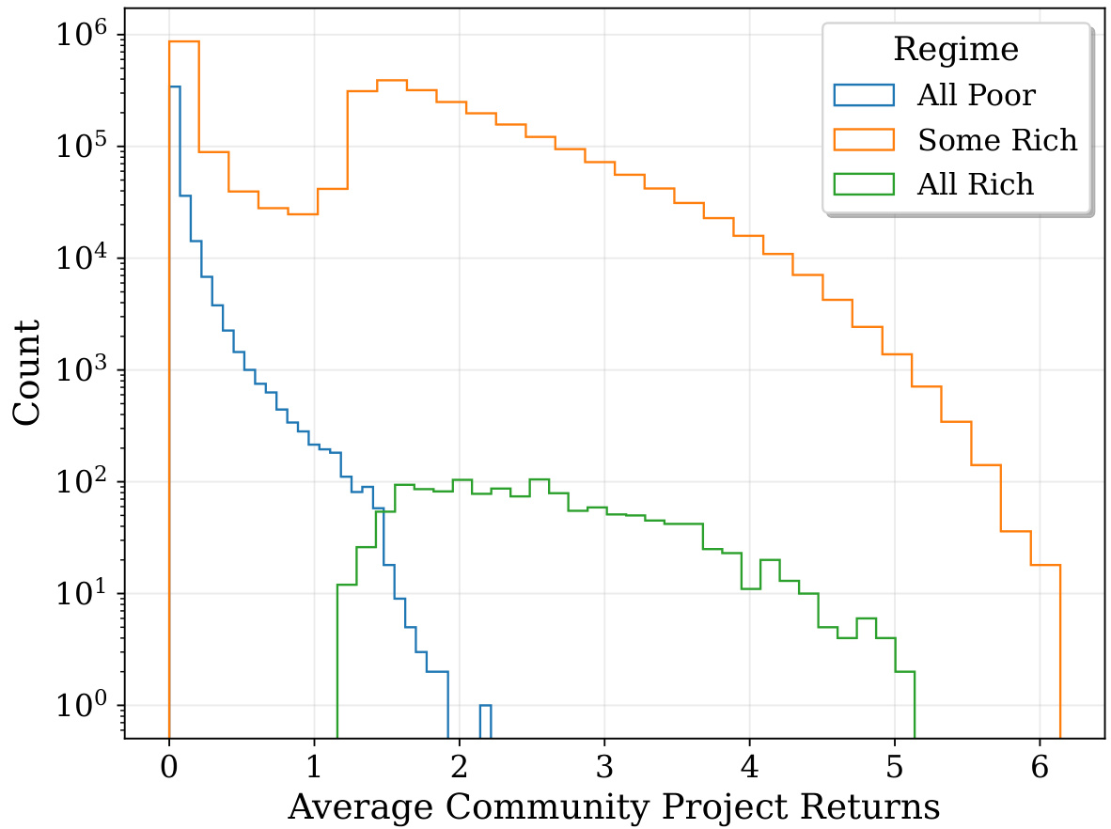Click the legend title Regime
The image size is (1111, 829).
point(956,49)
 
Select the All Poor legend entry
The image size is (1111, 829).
point(977,95)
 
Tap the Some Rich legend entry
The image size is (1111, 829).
point(997,140)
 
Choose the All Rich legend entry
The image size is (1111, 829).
point(976,185)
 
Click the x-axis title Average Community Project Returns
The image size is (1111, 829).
point(614,806)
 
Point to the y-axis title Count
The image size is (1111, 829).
point(27,373)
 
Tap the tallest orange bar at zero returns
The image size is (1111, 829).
point(184,376)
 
